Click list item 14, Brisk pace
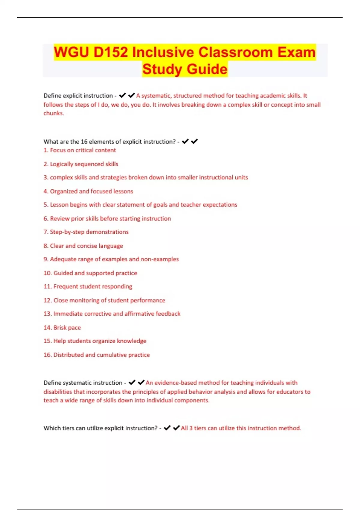[x=67, y=328]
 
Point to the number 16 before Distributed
[x=47, y=355]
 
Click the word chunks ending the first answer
[x=53, y=113]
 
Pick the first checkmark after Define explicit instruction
[x=122, y=95]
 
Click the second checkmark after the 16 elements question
[x=194, y=141]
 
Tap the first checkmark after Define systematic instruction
[x=132, y=382]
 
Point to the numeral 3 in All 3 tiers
[x=191, y=428]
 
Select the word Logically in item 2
[x=61, y=164]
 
